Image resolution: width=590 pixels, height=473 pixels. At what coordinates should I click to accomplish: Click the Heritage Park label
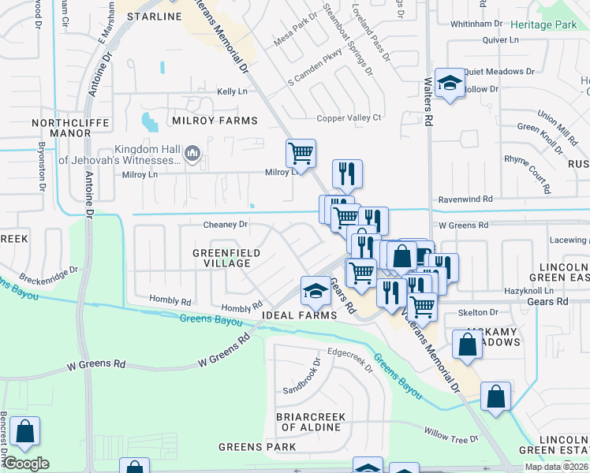pyautogui.click(x=543, y=25)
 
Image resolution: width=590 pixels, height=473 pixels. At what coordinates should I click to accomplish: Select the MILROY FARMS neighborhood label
pyautogui.click(x=212, y=121)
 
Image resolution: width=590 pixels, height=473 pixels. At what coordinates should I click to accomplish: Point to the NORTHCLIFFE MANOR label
pyautogui.click(x=62, y=128)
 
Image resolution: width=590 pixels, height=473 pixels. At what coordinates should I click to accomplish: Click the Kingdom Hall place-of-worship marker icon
pyautogui.click(x=192, y=153)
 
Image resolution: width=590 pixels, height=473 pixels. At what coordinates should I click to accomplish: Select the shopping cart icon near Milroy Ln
pyautogui.click(x=301, y=153)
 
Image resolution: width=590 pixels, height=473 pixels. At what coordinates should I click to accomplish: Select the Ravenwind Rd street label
pyautogui.click(x=465, y=200)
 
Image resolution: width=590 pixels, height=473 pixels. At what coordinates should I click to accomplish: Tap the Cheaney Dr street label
pyautogui.click(x=226, y=225)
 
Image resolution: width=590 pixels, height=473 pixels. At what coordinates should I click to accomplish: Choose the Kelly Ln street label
pyautogui.click(x=232, y=92)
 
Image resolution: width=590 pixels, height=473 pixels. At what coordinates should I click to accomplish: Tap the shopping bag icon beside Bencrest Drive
pyautogui.click(x=25, y=431)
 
